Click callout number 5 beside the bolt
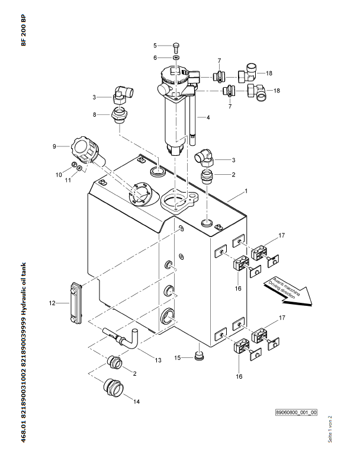[x=155, y=46]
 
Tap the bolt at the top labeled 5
[x=176, y=47]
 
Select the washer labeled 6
[x=176, y=57]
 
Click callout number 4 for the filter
[x=208, y=118]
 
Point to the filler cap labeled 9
[x=87, y=151]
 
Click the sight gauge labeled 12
[x=76, y=303]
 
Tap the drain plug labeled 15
[x=198, y=356]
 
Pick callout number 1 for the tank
[x=246, y=191]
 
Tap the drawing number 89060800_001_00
[x=296, y=412]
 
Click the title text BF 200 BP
[x=24, y=30]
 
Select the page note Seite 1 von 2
[x=330, y=429]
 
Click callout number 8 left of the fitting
[x=95, y=114]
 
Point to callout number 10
[x=59, y=175]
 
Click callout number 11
[x=68, y=180]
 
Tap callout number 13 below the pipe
[x=158, y=360]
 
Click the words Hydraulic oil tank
[x=24, y=289]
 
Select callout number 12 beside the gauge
[x=52, y=303]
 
